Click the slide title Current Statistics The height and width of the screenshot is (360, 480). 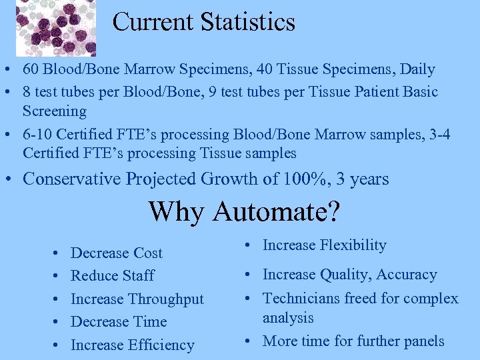(203, 22)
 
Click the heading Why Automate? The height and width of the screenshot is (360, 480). (244, 212)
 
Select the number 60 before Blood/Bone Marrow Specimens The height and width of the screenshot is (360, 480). (31, 69)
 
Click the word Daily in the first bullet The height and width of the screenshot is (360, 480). (417, 69)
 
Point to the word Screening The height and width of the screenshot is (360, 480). (55, 111)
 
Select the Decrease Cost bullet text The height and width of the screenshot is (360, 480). (116, 253)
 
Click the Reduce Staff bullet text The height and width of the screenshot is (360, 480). (112, 276)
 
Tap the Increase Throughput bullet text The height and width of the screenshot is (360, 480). (137, 299)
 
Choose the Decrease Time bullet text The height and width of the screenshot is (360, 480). (118, 322)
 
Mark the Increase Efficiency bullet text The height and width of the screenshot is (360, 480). (132, 345)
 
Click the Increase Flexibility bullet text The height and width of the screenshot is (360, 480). (324, 245)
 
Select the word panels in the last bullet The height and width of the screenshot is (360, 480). (423, 341)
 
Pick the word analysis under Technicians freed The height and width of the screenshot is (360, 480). (287, 318)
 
